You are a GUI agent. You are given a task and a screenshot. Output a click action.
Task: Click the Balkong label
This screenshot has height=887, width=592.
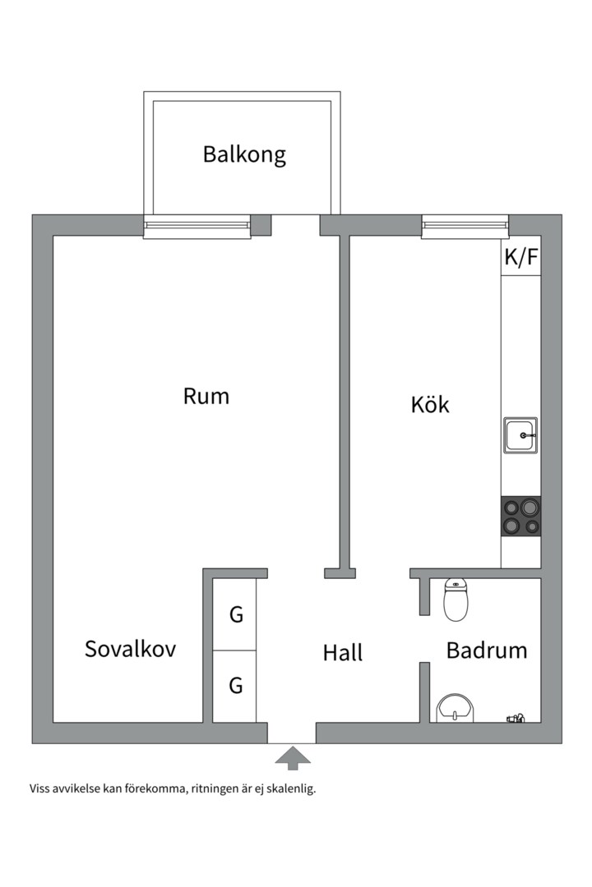(x=244, y=154)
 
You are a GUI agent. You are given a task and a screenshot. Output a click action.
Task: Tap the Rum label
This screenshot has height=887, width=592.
(x=206, y=397)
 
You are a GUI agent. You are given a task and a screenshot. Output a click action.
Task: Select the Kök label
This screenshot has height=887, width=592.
(x=430, y=404)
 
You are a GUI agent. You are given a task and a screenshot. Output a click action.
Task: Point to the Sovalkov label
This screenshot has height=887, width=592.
(x=130, y=649)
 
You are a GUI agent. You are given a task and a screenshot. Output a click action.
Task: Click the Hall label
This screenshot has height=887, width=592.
(x=342, y=653)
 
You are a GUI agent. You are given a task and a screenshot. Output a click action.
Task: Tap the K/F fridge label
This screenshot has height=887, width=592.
(x=520, y=258)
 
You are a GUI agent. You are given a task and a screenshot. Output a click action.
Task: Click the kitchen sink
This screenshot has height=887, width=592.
(x=521, y=434)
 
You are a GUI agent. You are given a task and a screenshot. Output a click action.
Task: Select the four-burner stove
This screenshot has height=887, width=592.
(x=521, y=517)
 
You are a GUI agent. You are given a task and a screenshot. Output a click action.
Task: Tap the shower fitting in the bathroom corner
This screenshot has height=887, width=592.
(x=516, y=719)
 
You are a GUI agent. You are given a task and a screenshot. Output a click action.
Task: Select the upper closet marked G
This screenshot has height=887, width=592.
(x=236, y=614)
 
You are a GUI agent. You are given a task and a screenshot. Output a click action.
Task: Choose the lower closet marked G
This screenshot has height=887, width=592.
(x=236, y=685)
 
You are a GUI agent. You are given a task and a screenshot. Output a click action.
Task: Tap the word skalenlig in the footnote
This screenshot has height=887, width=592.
(x=288, y=789)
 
